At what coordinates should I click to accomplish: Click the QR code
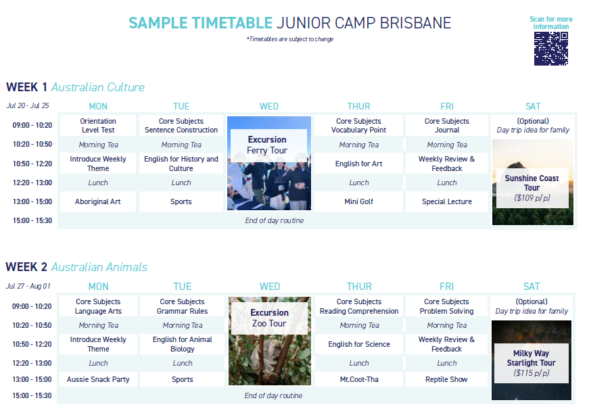click(x=550, y=49)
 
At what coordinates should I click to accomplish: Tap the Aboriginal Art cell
click(x=97, y=201)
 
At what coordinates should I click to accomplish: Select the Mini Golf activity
click(x=358, y=201)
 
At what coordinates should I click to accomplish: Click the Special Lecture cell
click(x=446, y=201)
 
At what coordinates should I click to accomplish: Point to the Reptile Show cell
click(x=446, y=379)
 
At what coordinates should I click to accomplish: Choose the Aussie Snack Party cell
click(x=98, y=379)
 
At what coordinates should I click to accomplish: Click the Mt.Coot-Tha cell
click(x=358, y=379)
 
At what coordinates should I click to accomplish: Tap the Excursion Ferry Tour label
click(x=267, y=145)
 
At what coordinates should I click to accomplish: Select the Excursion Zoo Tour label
click(x=269, y=318)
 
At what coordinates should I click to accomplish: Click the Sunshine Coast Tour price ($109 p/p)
click(x=532, y=198)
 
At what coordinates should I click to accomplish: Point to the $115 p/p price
click(x=531, y=372)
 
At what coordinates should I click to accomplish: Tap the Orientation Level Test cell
click(x=98, y=125)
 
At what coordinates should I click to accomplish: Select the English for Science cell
click(x=358, y=344)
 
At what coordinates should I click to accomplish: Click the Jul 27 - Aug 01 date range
click(x=28, y=286)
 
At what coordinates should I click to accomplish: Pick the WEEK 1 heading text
click(x=26, y=87)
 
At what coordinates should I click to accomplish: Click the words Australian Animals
click(x=99, y=267)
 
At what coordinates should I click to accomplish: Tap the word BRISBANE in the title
click(x=415, y=23)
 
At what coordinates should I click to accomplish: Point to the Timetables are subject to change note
click(x=290, y=39)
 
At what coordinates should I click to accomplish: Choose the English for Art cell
click(x=358, y=164)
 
